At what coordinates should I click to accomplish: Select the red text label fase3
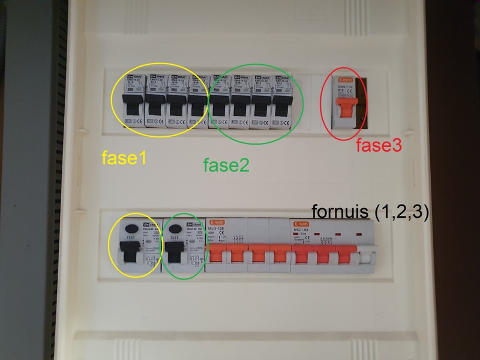point(379,145)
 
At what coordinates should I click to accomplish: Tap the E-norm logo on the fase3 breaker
point(347,79)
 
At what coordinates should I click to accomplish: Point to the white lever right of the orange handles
point(365,256)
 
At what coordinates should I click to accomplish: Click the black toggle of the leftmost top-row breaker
point(133,106)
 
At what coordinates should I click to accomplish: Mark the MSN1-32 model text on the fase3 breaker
point(347,87)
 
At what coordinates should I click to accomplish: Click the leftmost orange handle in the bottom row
point(217,255)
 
